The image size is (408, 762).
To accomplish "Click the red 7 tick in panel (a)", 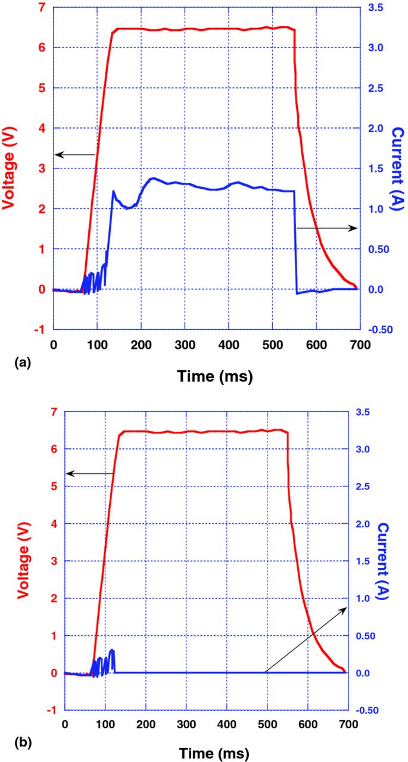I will coord(41,7).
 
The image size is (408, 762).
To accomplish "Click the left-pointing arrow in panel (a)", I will coord(74,155).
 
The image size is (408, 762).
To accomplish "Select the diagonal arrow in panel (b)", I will coord(306,639).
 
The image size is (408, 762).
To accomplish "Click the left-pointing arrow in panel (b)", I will coord(89,473).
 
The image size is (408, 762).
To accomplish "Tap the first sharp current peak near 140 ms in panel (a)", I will coord(113,191).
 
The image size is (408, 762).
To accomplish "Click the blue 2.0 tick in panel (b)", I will coord(363,524).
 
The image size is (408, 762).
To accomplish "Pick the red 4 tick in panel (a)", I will coord(41,128).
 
